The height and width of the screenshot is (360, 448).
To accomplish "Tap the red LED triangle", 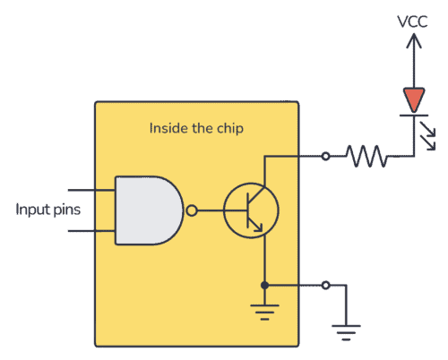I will click(414, 99).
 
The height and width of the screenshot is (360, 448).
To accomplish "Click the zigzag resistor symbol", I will click(367, 157).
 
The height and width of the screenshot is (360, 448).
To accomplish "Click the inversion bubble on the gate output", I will click(190, 211).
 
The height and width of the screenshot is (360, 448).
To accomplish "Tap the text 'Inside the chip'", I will click(196, 128).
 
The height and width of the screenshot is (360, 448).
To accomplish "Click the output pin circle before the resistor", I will click(324, 157).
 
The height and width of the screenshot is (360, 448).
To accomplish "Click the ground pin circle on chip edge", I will click(324, 285).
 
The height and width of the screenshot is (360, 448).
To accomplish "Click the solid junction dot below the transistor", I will click(264, 285).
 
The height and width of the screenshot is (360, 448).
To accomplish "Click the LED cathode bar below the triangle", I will click(414, 114).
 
